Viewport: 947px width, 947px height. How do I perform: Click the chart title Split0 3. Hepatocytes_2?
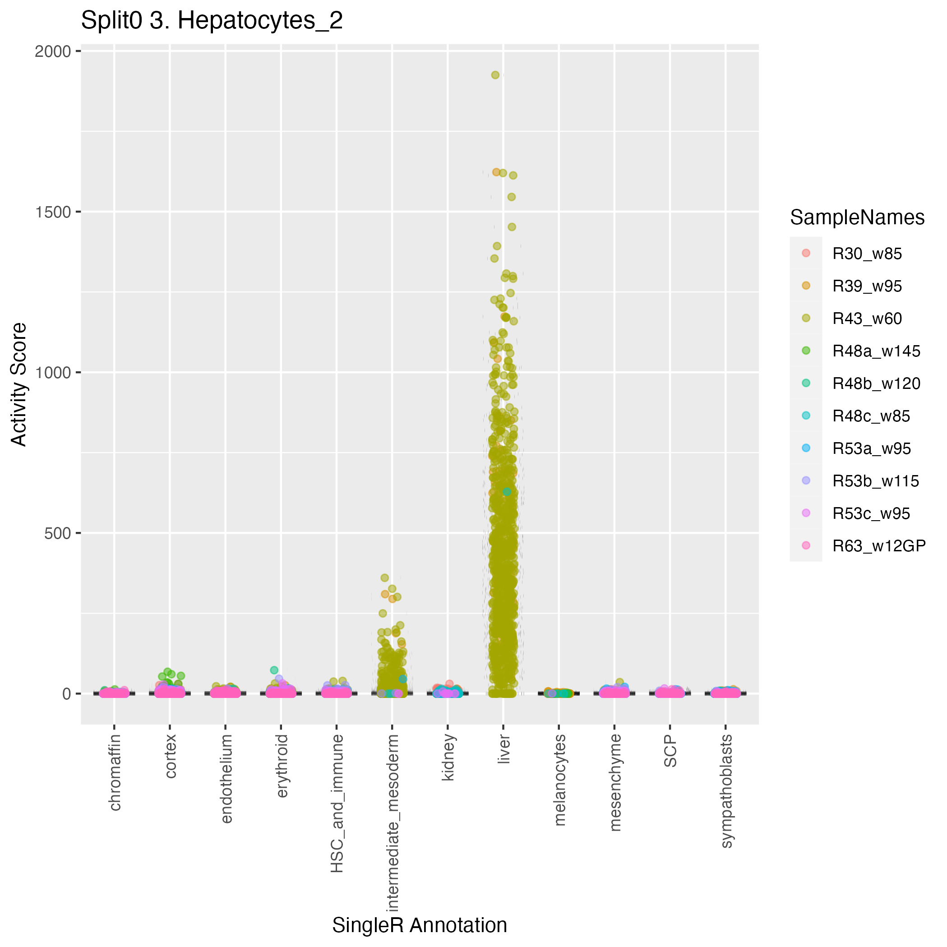212,21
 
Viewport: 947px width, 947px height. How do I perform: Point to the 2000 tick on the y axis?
53,51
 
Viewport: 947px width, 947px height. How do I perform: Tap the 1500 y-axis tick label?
53,212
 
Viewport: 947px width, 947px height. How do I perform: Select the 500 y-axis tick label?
57,533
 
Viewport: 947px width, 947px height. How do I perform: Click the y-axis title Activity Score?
18,384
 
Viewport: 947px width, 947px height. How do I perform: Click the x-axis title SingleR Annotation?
420,925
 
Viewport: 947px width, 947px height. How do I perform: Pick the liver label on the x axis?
504,749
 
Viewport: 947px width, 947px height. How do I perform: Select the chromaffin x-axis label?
114,772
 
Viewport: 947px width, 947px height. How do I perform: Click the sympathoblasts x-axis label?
726,791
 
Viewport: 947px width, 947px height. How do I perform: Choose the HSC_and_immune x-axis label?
337,804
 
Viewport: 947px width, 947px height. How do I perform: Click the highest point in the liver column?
495,75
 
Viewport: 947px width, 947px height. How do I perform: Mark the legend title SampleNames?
857,217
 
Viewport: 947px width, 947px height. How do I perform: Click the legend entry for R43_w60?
867,319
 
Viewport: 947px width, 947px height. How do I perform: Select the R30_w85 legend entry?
867,254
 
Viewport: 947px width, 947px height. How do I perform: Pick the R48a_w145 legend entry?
876,351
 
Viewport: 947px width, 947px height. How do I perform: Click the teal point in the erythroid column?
274,670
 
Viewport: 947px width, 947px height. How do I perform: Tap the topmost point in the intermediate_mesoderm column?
385,578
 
